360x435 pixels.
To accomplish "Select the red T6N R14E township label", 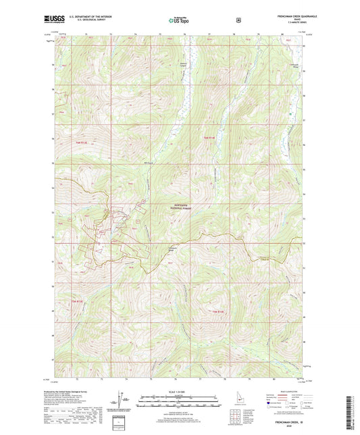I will (x=211, y=139).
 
